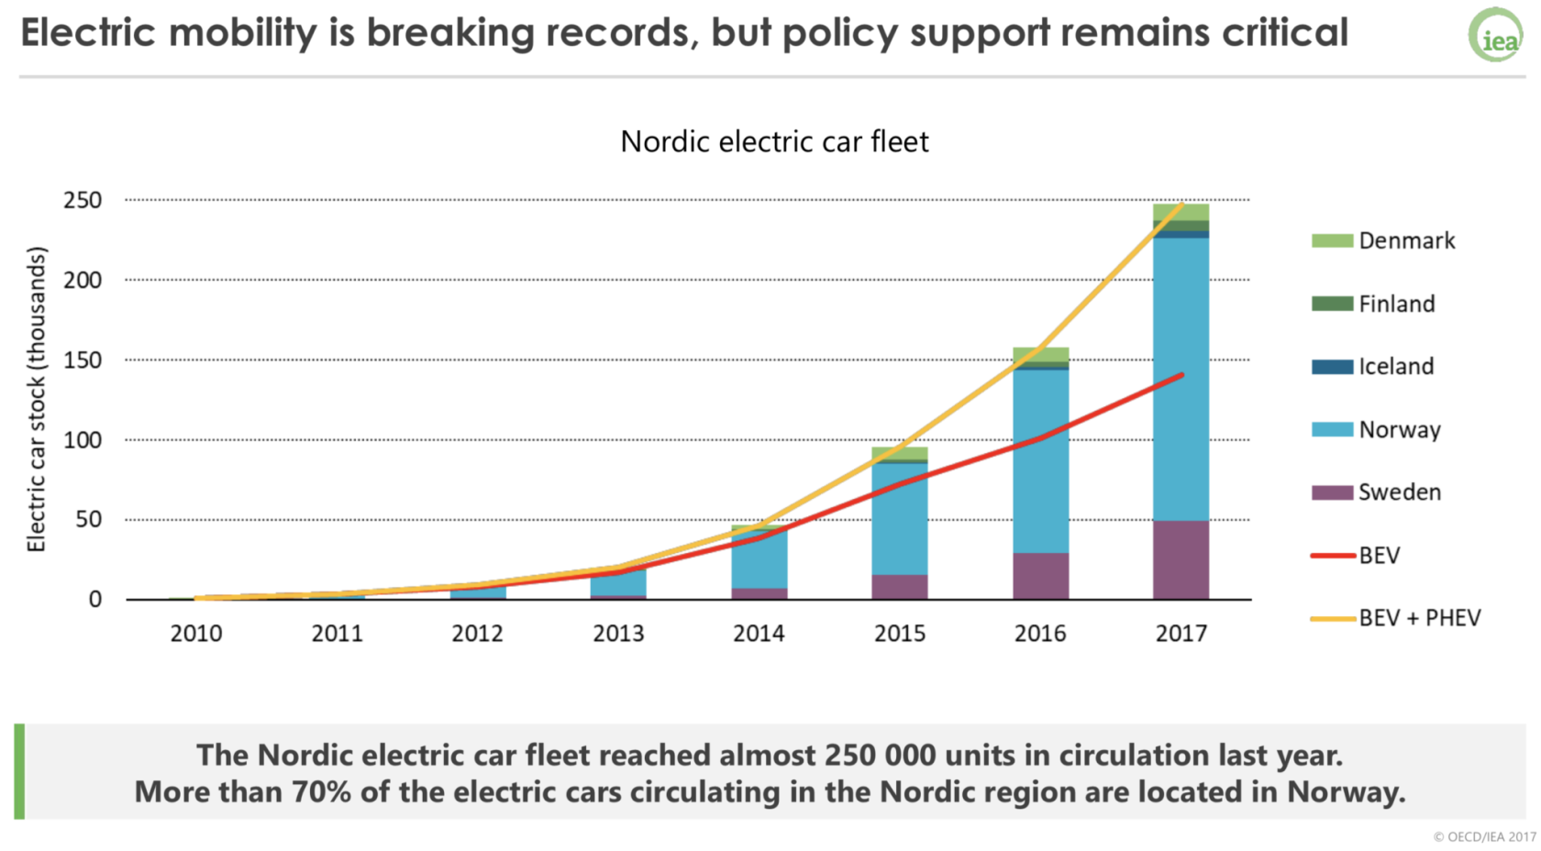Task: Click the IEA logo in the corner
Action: pyautogui.click(x=1495, y=35)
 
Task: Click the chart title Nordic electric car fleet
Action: pyautogui.click(x=774, y=142)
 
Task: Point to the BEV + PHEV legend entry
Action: pyautogui.click(x=1396, y=618)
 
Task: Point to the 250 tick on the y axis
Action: pyautogui.click(x=83, y=200)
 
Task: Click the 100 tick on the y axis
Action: pyautogui.click(x=83, y=440)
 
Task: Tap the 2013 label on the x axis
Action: pyautogui.click(x=618, y=634)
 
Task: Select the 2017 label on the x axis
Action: pyautogui.click(x=1181, y=634)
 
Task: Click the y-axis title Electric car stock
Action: pyautogui.click(x=37, y=399)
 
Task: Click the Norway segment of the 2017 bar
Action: pyautogui.click(x=1181, y=376)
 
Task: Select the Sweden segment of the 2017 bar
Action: pyautogui.click(x=1181, y=559)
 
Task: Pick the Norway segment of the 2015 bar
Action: pyautogui.click(x=899, y=518)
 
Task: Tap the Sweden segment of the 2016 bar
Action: pyautogui.click(x=1040, y=576)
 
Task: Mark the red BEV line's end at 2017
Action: pyautogui.click(x=1181, y=375)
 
